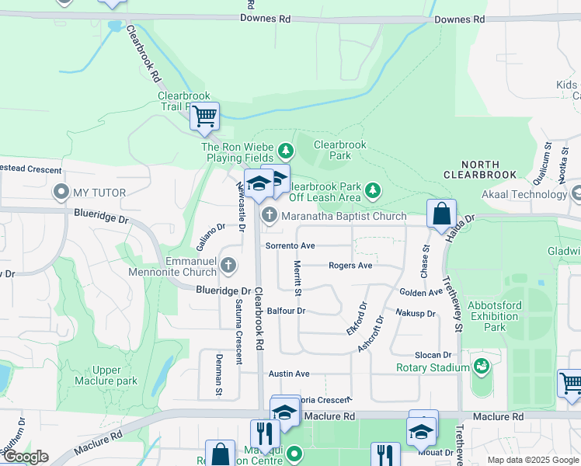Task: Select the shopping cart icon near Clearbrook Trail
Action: pos(204,117)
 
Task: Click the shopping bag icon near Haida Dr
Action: pos(441,214)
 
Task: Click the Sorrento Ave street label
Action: pos(290,245)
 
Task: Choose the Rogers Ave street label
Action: pos(350,266)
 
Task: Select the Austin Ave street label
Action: pos(289,374)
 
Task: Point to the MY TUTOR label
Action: pos(92,192)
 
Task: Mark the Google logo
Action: pos(26,457)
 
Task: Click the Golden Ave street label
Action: pos(420,292)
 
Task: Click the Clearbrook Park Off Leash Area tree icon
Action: pos(373,190)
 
